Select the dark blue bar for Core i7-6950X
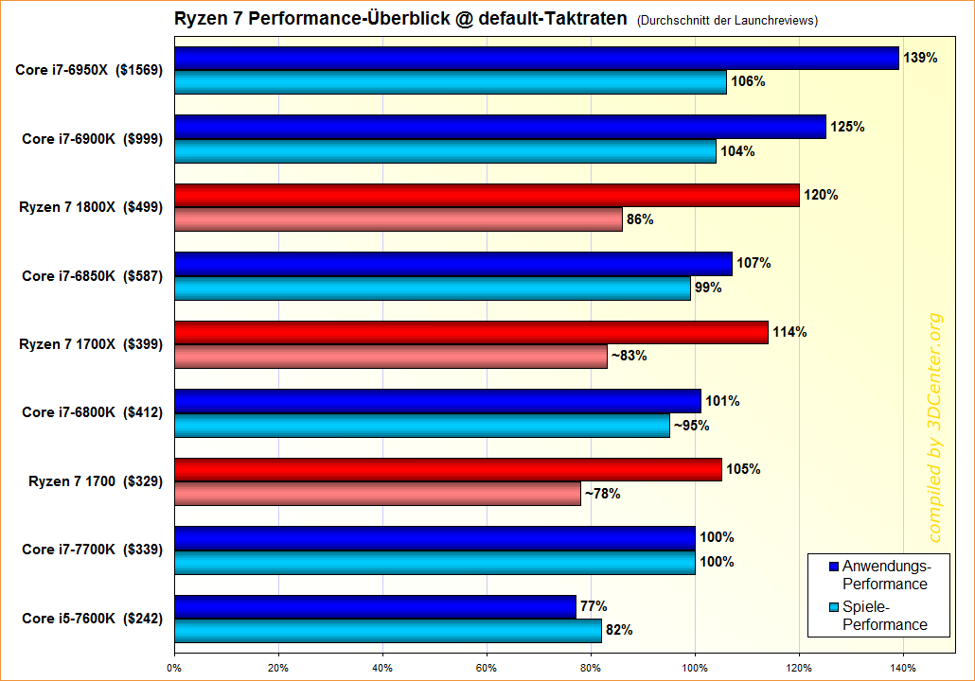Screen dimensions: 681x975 (537, 58)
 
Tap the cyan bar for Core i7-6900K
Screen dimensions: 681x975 (445, 150)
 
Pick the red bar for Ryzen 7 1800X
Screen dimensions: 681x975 (487, 196)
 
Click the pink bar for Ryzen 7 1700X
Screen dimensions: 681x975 (391, 357)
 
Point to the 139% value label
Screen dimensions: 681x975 (921, 58)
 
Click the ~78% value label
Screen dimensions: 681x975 (602, 494)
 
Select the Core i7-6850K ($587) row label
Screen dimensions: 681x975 (93, 276)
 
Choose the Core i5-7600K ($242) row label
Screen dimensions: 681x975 (93, 619)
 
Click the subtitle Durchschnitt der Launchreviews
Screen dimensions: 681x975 (727, 20)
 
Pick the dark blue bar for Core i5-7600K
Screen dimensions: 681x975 (375, 606)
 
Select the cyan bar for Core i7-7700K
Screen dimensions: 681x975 (434, 562)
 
